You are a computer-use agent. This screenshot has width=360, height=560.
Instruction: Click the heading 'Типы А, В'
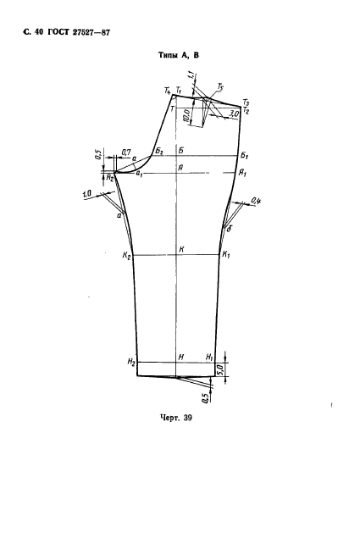click(179, 55)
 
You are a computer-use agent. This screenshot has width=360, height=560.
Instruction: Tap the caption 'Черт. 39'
click(176, 418)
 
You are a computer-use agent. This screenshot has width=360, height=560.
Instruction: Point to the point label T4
click(168, 91)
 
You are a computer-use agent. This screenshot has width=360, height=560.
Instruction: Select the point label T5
click(221, 86)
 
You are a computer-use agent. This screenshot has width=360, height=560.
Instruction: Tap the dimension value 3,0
click(234, 114)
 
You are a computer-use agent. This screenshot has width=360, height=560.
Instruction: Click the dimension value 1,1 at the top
click(191, 75)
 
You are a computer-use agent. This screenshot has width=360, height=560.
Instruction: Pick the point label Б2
click(159, 151)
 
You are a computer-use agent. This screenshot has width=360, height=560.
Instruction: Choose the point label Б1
click(244, 155)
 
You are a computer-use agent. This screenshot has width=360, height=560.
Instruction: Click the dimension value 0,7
click(125, 152)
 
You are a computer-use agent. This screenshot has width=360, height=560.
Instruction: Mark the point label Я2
click(110, 177)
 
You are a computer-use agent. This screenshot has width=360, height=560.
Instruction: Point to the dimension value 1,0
click(86, 194)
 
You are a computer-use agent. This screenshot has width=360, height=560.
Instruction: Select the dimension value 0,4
click(256, 202)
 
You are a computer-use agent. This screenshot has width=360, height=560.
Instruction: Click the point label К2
click(127, 255)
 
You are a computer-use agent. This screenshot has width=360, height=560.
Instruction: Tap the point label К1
click(226, 254)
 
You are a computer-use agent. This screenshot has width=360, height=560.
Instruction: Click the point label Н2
click(131, 362)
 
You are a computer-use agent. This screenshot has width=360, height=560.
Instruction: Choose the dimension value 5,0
click(219, 369)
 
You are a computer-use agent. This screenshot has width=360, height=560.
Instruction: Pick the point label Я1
click(242, 173)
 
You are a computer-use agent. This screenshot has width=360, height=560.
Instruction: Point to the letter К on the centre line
click(181, 250)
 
